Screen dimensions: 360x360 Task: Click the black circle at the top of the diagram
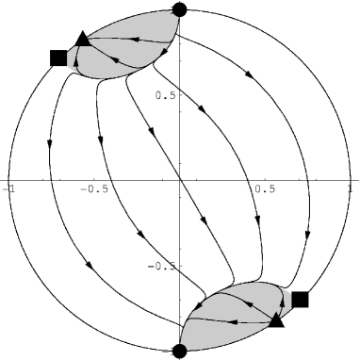[x=180, y=9]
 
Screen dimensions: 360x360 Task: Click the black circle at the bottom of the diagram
[x=180, y=352]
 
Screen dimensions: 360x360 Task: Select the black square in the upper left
[x=58, y=57]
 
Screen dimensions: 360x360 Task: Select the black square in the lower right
[x=301, y=300]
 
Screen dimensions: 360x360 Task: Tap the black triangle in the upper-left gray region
[x=82, y=39]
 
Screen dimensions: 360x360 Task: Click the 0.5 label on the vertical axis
[x=166, y=94]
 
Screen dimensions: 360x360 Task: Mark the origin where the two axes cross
[x=180, y=180]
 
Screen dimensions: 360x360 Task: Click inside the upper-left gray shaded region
[x=113, y=52]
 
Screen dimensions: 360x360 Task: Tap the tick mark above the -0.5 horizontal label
[x=94, y=178]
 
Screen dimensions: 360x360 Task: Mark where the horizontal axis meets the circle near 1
[x=351, y=180]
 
